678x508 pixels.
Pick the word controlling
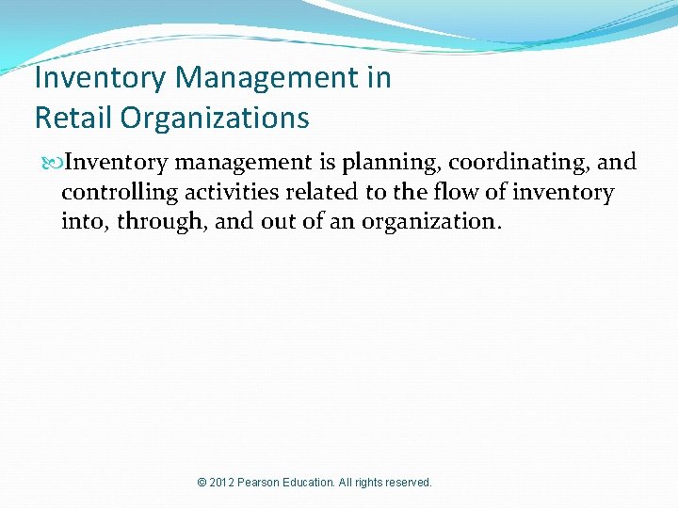114,194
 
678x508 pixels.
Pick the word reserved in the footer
408,483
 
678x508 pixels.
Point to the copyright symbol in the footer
202,483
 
